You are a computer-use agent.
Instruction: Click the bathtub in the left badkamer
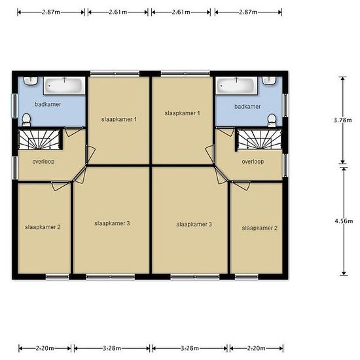(x=64, y=86)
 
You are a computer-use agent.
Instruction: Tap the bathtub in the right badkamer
(x=236, y=86)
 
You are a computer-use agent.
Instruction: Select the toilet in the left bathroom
(x=26, y=120)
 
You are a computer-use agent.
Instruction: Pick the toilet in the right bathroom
(x=272, y=120)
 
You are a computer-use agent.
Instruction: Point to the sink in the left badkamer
(x=31, y=81)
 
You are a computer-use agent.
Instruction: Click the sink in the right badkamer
(x=269, y=81)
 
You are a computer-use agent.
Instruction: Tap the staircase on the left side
(x=39, y=139)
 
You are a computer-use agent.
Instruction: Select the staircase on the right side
(x=260, y=139)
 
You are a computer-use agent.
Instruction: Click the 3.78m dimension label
(x=342, y=120)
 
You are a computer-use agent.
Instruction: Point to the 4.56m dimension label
(x=344, y=221)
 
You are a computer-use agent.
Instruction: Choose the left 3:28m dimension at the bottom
(x=112, y=348)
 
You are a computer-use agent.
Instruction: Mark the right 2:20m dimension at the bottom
(x=256, y=348)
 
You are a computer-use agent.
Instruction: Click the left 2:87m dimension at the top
(x=51, y=12)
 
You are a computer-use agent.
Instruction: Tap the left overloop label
(x=43, y=162)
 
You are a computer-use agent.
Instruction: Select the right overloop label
(x=253, y=162)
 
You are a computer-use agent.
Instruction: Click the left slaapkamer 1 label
(x=119, y=119)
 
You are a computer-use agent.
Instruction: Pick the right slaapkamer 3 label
(x=194, y=225)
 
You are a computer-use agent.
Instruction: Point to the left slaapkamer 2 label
(x=43, y=227)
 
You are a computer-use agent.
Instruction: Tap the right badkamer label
(x=247, y=107)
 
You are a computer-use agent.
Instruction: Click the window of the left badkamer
(x=14, y=105)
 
